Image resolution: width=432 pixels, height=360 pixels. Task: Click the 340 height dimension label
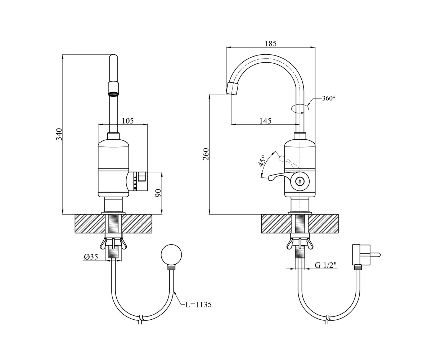pyautogui.click(x=59, y=134)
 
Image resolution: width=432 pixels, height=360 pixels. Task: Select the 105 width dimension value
pyautogui.click(x=128, y=121)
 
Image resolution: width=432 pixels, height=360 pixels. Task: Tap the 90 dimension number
pyautogui.click(x=158, y=193)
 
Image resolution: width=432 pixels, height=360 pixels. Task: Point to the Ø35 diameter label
pyautogui.click(x=91, y=257)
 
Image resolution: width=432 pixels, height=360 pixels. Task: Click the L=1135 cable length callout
pyautogui.click(x=198, y=305)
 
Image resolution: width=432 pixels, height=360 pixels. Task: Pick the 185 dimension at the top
pyautogui.click(x=271, y=44)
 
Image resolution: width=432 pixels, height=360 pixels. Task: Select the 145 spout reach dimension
pyautogui.click(x=265, y=121)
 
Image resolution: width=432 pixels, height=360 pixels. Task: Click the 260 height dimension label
pyautogui.click(x=206, y=154)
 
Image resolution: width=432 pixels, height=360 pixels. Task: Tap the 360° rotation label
pyautogui.click(x=329, y=98)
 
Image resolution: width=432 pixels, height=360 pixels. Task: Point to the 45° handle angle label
pyautogui.click(x=261, y=161)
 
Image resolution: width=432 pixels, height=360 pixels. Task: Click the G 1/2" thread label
pyautogui.click(x=326, y=265)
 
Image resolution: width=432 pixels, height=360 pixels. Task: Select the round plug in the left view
pyautogui.click(x=171, y=255)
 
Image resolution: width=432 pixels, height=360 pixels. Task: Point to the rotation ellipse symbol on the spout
pyautogui.click(x=300, y=109)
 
